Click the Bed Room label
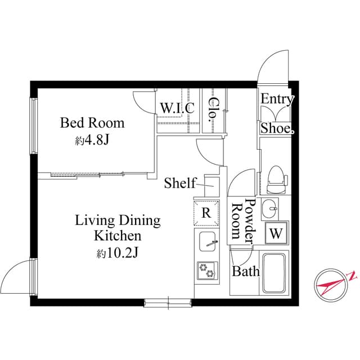coord(92,123)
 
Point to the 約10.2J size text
coord(118,253)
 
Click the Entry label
coord(277,100)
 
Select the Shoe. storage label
coord(277,128)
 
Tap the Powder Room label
coord(242,222)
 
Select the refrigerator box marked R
coord(206,213)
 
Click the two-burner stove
coord(206,271)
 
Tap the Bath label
coord(246,272)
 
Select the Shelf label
coord(179,183)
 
